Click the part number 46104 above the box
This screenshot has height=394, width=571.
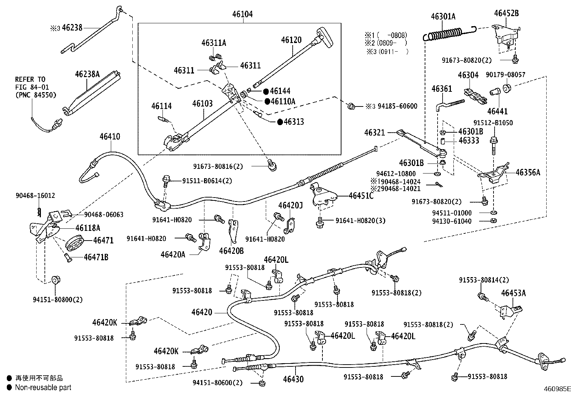(x=242, y=14)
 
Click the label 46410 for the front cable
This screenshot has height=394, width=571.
(x=110, y=137)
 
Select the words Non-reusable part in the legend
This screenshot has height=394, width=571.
(x=43, y=388)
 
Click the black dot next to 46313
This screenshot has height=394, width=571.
(x=280, y=122)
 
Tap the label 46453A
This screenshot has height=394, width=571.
(x=513, y=293)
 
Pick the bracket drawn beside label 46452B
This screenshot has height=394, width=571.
(x=506, y=34)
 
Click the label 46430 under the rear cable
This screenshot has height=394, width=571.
(x=293, y=379)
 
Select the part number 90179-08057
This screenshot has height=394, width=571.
(x=506, y=75)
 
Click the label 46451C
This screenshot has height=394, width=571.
(x=361, y=195)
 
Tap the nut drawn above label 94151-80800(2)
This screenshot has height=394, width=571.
(x=56, y=280)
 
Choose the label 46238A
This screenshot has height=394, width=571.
(x=87, y=74)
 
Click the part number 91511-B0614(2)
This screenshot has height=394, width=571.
(x=207, y=181)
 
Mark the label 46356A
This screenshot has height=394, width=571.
(x=528, y=172)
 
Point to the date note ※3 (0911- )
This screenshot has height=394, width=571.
(x=387, y=51)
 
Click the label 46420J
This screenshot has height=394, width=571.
(x=291, y=205)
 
